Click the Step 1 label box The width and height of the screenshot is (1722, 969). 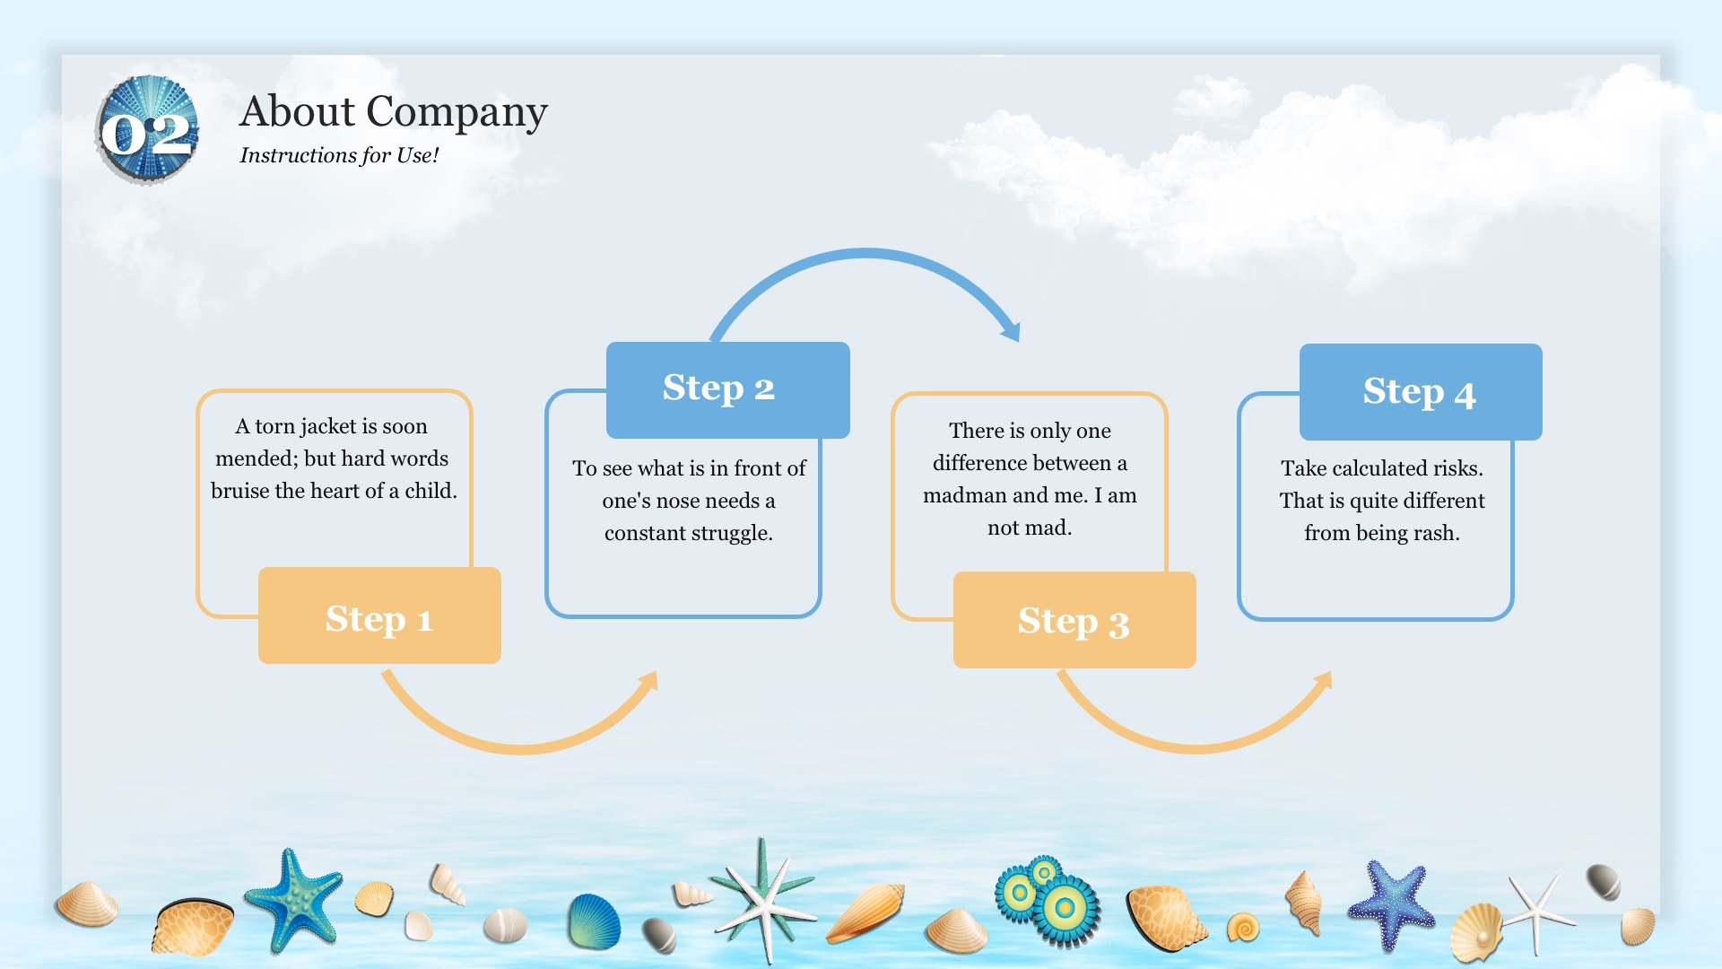(x=379, y=615)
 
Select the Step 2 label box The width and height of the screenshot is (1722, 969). (x=727, y=390)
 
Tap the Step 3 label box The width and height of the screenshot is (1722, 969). (x=1074, y=620)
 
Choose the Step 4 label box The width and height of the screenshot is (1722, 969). (x=1421, y=392)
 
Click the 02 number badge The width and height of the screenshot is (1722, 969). (x=147, y=131)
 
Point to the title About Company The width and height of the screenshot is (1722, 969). (x=394, y=112)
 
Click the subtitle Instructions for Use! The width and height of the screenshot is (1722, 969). (x=339, y=155)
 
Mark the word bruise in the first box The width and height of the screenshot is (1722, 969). (x=239, y=491)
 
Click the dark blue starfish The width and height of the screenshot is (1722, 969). (x=1391, y=903)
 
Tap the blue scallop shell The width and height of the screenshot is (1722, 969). (x=594, y=921)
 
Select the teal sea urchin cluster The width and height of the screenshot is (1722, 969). (x=1048, y=900)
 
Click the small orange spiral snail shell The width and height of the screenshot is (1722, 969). (x=1243, y=927)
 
